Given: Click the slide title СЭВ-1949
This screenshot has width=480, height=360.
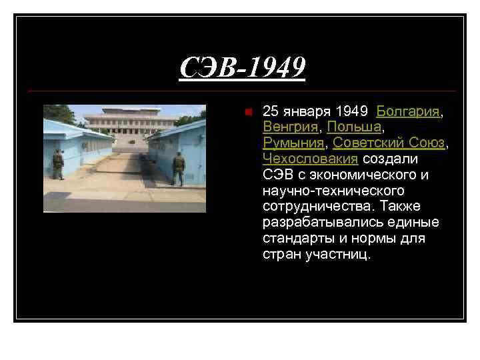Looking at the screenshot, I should point(242,67).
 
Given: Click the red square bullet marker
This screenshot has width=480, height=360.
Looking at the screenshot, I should point(247,112).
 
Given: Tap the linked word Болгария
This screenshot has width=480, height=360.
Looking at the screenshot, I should point(408,111).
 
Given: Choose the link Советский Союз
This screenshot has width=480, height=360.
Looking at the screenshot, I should point(389,143).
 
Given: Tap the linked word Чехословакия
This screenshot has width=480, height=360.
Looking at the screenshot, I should point(310,159).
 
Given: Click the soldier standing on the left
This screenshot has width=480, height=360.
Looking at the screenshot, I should point(58,164).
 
